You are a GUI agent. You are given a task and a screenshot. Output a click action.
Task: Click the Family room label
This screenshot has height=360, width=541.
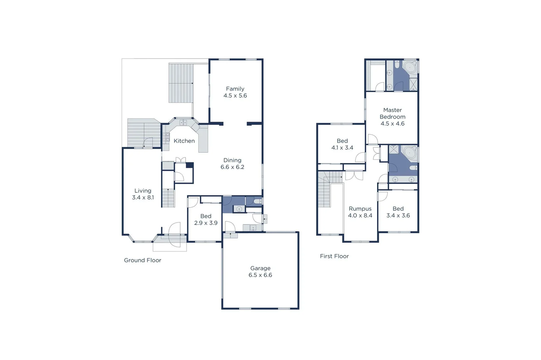coord(235,89)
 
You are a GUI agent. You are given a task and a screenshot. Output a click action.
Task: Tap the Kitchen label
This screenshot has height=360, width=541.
coord(184,141)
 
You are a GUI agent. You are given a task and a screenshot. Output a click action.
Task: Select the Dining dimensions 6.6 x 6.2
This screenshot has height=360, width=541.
coord(232,167)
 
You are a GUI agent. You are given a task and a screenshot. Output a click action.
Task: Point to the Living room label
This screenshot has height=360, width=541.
coord(143,191)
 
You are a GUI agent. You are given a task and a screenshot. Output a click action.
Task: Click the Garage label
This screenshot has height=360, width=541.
coord(260,268)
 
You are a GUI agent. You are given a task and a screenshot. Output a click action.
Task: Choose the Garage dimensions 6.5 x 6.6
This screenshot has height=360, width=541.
coord(260,275)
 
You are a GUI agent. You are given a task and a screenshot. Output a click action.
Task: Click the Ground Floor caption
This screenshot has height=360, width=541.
coord(143,260)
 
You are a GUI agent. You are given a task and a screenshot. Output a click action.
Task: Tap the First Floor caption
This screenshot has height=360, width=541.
coord(334,256)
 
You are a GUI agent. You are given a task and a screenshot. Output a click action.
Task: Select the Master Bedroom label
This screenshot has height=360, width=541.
coord(392,113)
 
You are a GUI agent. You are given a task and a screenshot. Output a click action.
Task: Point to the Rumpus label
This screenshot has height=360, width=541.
coord(360,209)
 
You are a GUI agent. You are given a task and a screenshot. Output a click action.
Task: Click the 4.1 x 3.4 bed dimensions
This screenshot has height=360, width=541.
coord(342,148)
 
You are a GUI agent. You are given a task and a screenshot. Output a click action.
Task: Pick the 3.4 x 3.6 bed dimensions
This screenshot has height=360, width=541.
coord(398,216)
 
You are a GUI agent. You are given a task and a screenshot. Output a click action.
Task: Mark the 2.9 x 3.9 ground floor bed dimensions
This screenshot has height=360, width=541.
coord(206,223)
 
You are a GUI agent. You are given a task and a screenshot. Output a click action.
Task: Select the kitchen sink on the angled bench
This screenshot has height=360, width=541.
coord(183,123)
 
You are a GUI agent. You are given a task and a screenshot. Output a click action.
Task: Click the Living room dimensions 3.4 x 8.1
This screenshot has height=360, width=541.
coord(143,197)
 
